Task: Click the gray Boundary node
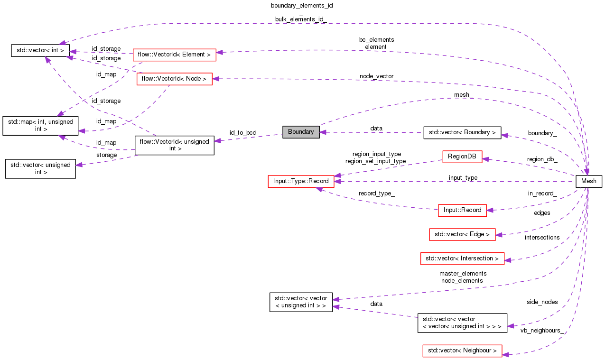click(x=301, y=132)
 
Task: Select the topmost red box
click(x=174, y=55)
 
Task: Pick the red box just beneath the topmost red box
click(x=174, y=79)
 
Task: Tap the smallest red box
click(x=462, y=157)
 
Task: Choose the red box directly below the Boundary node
click(x=301, y=182)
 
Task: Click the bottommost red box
click(x=462, y=351)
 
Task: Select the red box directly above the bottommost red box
click(x=462, y=258)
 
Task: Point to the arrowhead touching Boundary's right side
click(x=323, y=132)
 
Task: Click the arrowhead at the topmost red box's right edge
click(x=219, y=52)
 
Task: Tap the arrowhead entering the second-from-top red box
click(x=215, y=79)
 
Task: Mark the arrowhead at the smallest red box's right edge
click(x=485, y=159)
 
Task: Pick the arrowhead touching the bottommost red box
click(x=505, y=354)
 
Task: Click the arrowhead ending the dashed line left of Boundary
click(x=217, y=140)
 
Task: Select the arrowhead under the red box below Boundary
click(x=319, y=189)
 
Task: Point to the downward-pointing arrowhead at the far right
click(x=587, y=172)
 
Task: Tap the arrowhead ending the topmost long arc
click(x=62, y=43)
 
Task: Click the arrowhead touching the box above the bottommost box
click(x=508, y=260)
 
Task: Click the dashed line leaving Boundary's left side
click(x=251, y=138)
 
